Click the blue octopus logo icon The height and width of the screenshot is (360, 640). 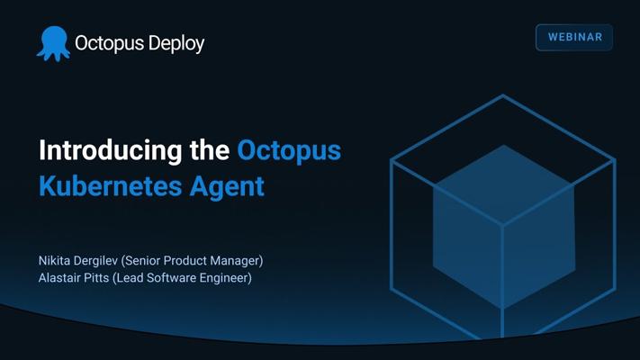[x=53, y=44]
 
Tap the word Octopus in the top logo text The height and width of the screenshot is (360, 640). [x=110, y=44]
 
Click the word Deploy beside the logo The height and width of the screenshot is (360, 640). [x=176, y=44]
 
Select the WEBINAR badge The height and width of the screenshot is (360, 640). [x=574, y=37]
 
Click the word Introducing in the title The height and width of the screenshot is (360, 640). [x=111, y=151]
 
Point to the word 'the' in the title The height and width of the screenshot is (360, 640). [x=210, y=149]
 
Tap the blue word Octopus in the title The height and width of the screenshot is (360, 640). [x=289, y=151]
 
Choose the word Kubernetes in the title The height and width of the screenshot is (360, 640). [x=110, y=186]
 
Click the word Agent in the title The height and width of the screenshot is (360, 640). [x=227, y=187]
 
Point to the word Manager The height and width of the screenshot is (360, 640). [x=237, y=261]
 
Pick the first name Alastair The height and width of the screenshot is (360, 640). [x=57, y=277]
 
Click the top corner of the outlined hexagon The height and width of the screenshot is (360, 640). [x=503, y=95]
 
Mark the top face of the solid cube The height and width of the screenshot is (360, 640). [x=504, y=184]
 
